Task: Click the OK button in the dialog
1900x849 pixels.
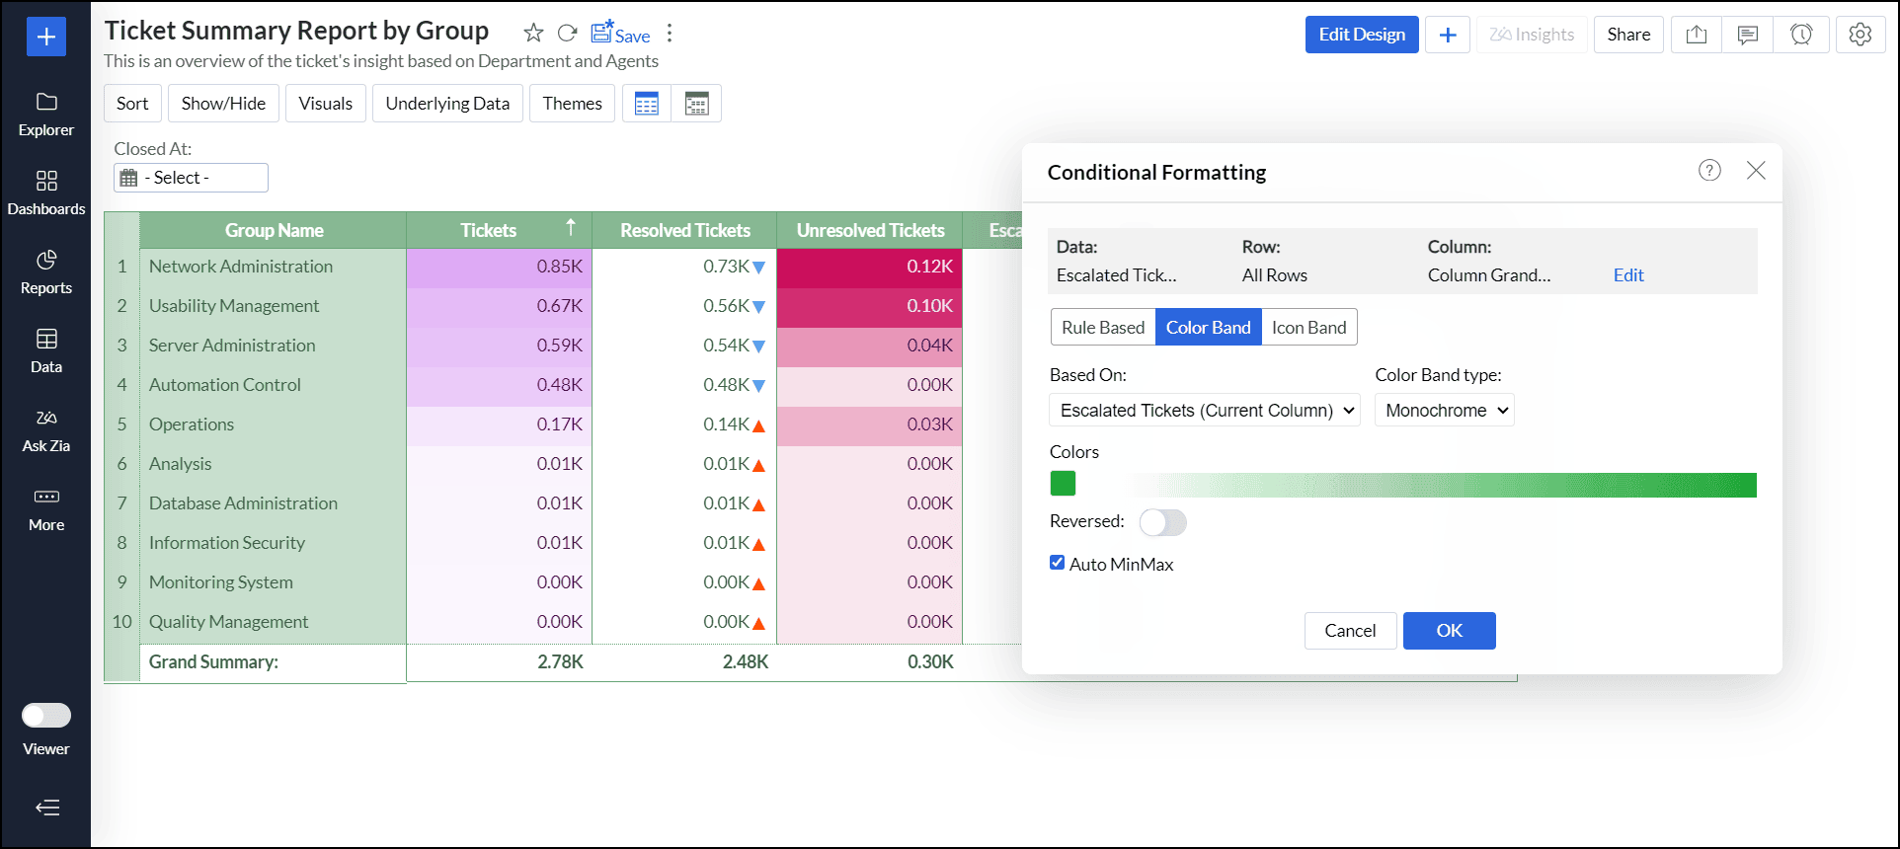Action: pos(1449,631)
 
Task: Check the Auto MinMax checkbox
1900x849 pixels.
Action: pos(1058,563)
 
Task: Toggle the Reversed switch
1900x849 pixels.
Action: pos(1162,522)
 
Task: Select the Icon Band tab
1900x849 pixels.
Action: pos(1308,328)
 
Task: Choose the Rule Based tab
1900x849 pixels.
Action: pos(1103,328)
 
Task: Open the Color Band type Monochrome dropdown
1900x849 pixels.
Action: pos(1445,411)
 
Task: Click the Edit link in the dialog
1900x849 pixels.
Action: pos(1628,275)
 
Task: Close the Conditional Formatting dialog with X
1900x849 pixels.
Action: pos(1756,171)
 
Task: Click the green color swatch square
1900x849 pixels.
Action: pos(1063,484)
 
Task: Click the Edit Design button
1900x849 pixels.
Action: pos(1362,35)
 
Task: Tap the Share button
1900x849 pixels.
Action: pos(1628,35)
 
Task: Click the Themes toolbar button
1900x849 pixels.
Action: pos(572,104)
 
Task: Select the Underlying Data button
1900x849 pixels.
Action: pos(447,104)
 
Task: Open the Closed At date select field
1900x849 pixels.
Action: pos(192,178)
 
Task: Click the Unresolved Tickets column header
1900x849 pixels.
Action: pos(870,231)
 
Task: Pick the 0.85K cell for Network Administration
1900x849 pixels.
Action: pos(499,267)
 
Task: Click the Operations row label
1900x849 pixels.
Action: pos(192,424)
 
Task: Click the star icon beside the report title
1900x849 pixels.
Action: pos(533,34)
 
